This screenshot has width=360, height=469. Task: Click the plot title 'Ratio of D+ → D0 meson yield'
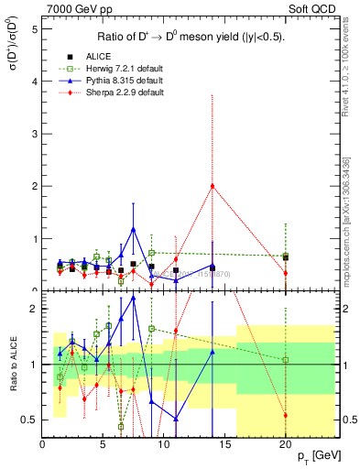(x=192, y=38)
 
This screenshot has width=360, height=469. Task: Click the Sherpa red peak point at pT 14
(x=213, y=186)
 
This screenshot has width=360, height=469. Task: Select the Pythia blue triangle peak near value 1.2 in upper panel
(x=134, y=229)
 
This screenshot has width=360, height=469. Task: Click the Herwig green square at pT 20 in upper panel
(x=286, y=256)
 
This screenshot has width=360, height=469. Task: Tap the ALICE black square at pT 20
(x=286, y=258)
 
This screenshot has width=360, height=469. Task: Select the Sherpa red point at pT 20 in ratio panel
(x=286, y=415)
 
